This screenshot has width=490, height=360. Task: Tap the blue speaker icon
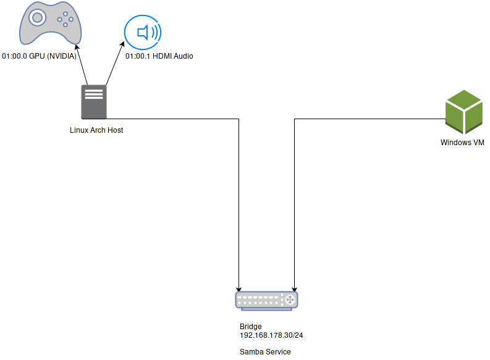(x=143, y=31)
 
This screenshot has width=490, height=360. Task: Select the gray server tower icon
(x=94, y=102)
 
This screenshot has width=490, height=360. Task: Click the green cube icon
(x=464, y=112)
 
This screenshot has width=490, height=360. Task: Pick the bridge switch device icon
(x=266, y=300)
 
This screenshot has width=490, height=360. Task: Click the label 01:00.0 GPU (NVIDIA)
(x=40, y=56)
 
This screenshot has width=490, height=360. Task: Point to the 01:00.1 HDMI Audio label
(x=159, y=56)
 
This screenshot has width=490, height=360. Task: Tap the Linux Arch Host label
(x=96, y=130)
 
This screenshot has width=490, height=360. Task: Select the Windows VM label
(x=462, y=143)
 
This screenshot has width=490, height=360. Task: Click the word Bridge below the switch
(x=250, y=327)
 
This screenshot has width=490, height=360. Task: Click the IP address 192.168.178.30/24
(x=271, y=335)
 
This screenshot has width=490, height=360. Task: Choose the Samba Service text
(x=265, y=352)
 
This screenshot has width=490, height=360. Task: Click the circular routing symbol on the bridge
(x=289, y=300)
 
